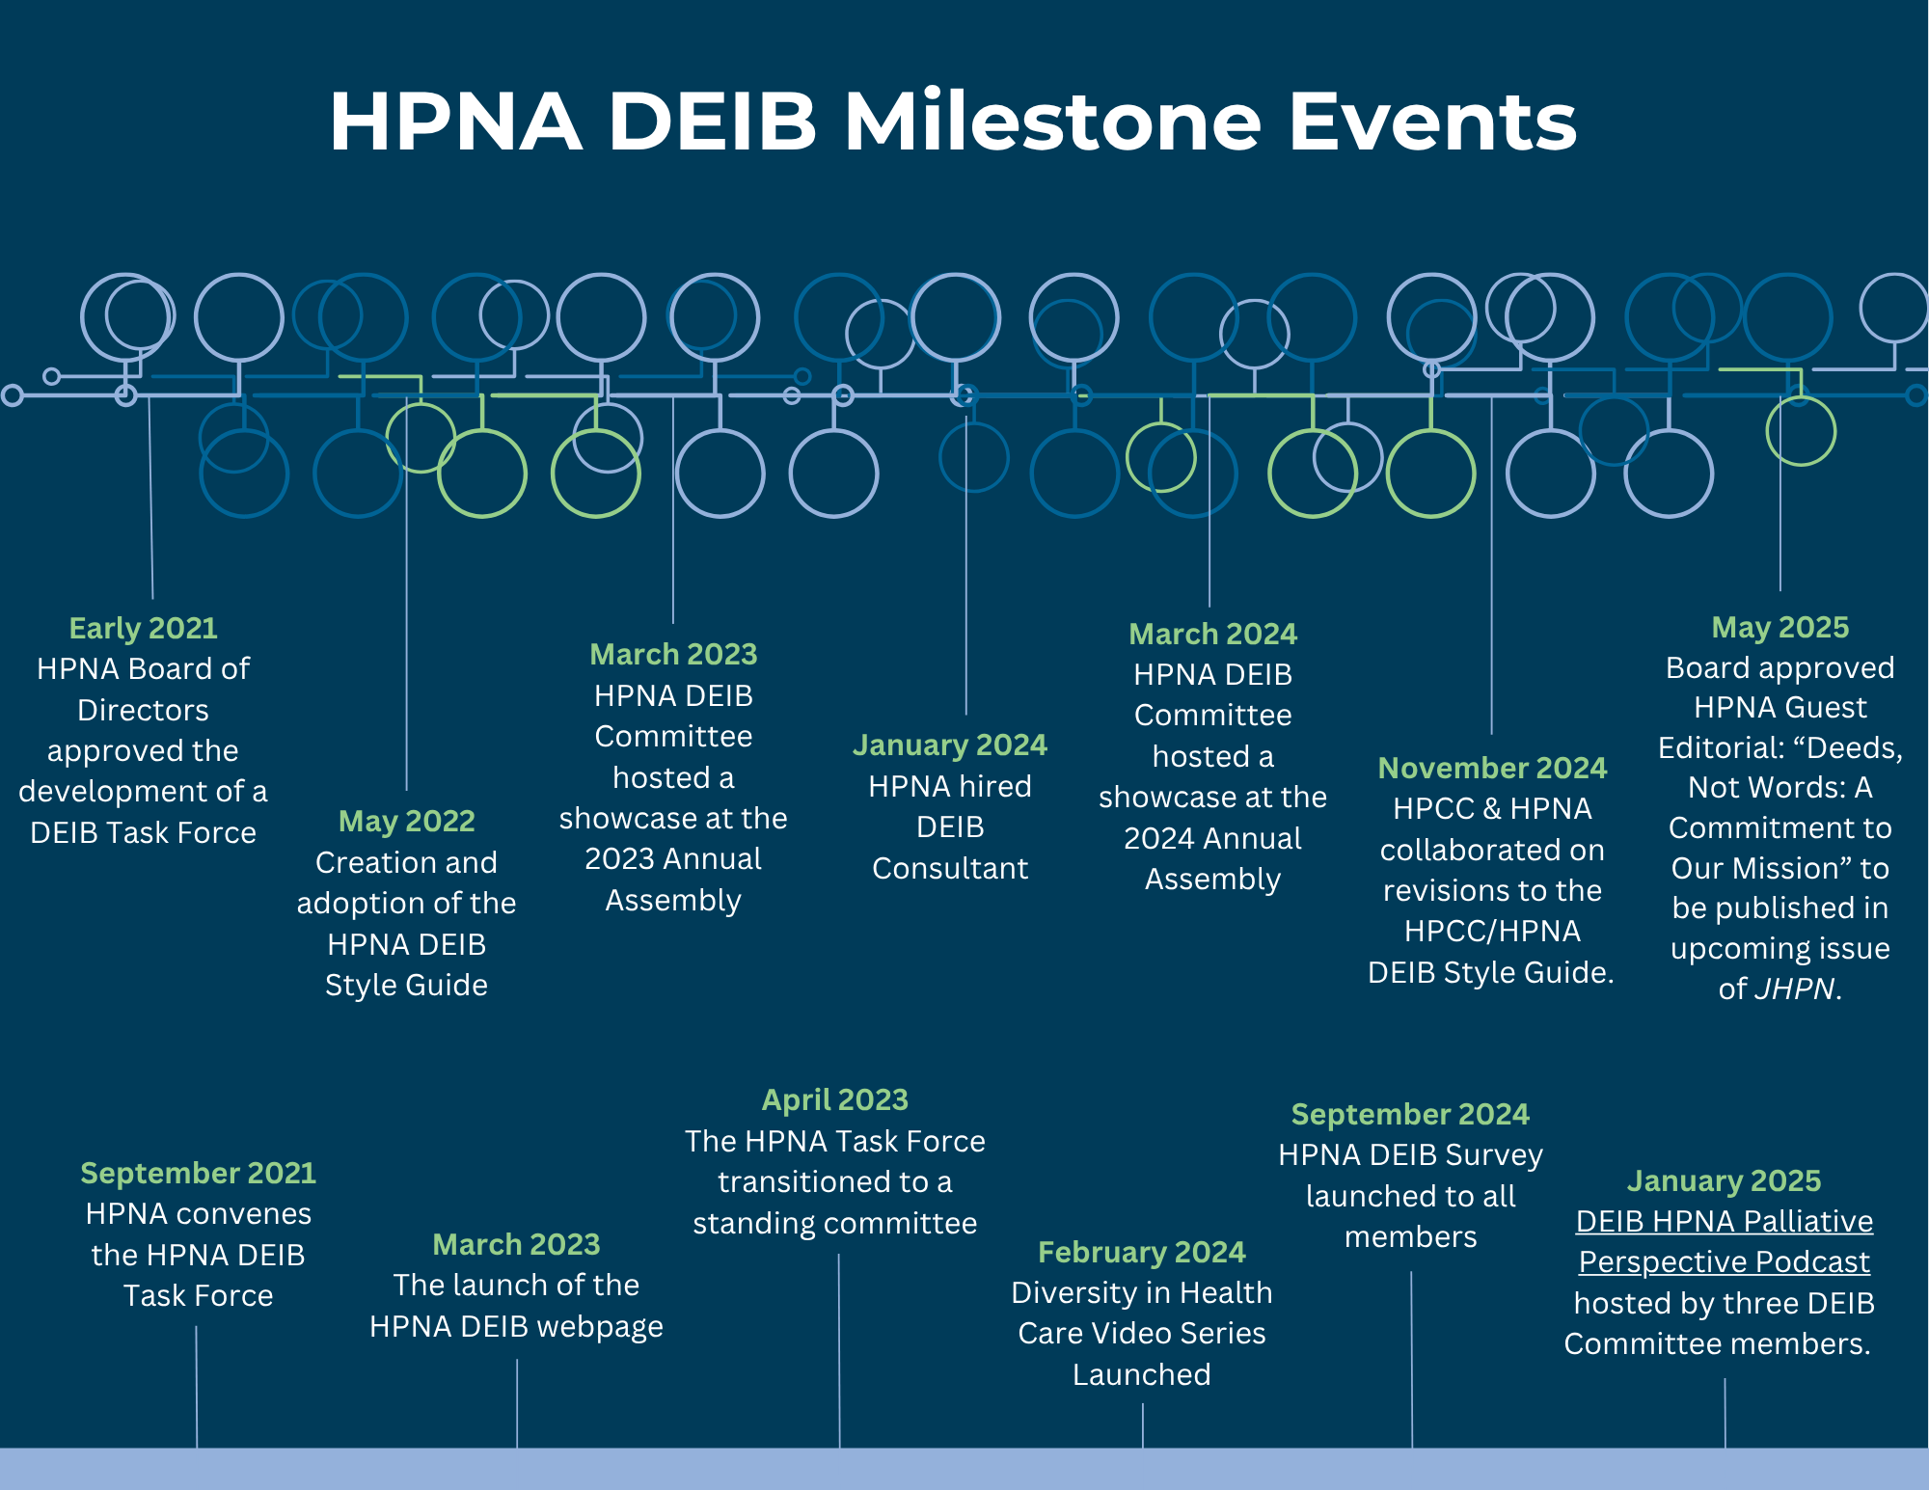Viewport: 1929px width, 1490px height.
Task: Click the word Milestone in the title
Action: [x=1052, y=122]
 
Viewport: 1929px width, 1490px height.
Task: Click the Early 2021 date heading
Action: [x=143, y=628]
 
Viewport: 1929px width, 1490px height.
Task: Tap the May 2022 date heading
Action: [x=406, y=821]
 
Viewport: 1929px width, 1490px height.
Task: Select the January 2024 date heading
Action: [x=949, y=745]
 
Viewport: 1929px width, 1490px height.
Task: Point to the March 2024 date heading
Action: [x=1212, y=634]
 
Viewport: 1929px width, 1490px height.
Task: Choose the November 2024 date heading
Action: [x=1492, y=768]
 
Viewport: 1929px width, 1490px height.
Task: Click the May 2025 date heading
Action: [x=1780, y=627]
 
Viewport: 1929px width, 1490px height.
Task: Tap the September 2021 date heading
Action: [x=198, y=1173]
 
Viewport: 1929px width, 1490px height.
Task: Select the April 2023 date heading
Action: [x=834, y=1099]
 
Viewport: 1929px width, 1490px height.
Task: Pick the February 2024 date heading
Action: [x=1141, y=1252]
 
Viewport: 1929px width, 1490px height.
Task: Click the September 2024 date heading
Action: [x=1410, y=1114]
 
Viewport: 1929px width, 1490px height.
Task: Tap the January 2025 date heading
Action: [x=1724, y=1180]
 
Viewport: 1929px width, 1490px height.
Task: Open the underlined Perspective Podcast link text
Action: [x=1724, y=1261]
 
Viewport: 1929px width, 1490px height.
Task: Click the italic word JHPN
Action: [x=1793, y=989]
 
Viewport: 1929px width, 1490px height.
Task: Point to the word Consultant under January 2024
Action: [x=949, y=868]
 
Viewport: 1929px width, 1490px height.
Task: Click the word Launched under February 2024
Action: [x=1141, y=1374]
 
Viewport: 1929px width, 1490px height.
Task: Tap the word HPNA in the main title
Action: [x=455, y=122]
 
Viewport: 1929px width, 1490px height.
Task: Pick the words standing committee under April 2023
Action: [x=834, y=1223]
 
